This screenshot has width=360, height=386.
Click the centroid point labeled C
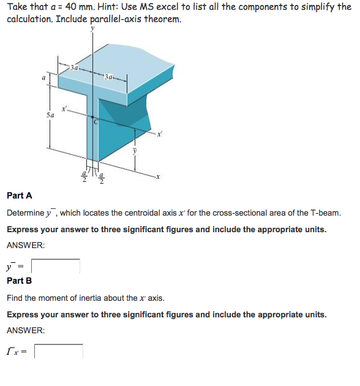[95, 122]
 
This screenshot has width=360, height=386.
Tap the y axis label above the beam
[94, 28]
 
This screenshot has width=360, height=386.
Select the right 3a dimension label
[110, 77]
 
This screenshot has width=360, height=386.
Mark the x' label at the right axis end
[162, 134]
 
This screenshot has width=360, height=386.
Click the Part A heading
[20, 195]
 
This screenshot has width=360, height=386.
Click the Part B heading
[20, 281]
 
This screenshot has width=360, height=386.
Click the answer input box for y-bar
[56, 267]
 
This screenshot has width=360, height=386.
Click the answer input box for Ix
[58, 351]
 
